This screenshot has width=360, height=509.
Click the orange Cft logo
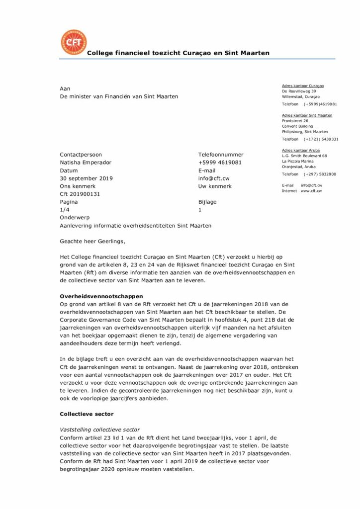tap(73, 42)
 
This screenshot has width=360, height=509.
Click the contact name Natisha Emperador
tap(86, 163)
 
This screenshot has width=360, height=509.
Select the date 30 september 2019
tap(87, 178)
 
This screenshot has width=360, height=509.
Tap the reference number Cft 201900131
tap(80, 194)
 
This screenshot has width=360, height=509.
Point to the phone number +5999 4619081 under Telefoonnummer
tap(220, 163)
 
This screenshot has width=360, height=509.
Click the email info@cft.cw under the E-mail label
tap(214, 178)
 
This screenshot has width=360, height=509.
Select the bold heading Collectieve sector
tap(87, 414)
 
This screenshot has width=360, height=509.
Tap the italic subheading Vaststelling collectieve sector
tap(99, 429)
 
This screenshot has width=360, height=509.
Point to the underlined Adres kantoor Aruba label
tap(300, 150)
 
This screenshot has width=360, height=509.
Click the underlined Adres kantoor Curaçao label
tap(303, 86)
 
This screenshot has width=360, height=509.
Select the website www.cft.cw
tap(311, 191)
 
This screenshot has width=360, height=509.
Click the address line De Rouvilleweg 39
tap(299, 91)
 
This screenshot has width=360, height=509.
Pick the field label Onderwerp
tap(74, 218)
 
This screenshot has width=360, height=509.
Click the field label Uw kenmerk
tap(215, 186)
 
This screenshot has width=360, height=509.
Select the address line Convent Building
tap(297, 126)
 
